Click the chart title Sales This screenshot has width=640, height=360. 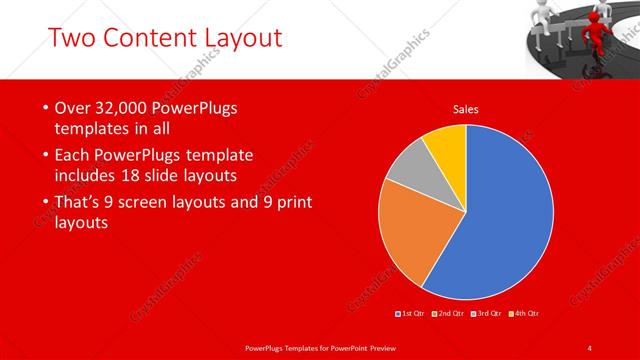point(466,109)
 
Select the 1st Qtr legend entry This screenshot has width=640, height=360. point(412,314)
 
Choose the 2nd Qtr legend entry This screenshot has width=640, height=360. point(451,314)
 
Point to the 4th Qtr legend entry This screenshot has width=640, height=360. point(526,314)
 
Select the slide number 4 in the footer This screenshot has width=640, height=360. point(590,347)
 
